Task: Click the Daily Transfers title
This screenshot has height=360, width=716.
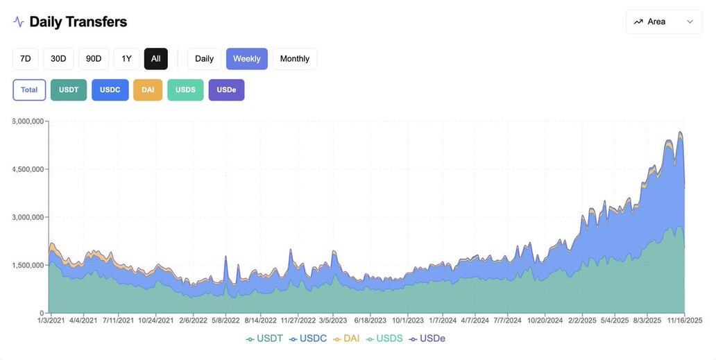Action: click(78, 22)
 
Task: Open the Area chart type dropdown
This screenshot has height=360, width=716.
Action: click(663, 22)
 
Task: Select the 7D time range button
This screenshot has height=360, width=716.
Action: click(26, 59)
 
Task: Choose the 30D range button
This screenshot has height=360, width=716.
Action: click(58, 59)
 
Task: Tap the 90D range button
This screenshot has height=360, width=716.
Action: click(94, 59)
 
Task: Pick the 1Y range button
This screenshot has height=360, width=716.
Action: click(126, 59)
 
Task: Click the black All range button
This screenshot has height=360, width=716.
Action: click(156, 59)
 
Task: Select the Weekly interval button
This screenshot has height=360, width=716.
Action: click(246, 59)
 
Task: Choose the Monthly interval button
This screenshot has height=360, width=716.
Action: click(295, 59)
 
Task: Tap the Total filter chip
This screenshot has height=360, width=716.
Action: click(29, 90)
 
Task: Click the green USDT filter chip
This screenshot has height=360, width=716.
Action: click(69, 90)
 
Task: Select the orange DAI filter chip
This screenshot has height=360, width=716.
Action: click(148, 90)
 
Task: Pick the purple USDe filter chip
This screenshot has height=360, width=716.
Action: click(226, 90)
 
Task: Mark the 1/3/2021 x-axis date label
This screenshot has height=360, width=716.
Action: click(51, 320)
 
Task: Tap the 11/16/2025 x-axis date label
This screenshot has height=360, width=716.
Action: click(685, 320)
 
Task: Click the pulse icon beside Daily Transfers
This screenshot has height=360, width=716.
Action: click(19, 22)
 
